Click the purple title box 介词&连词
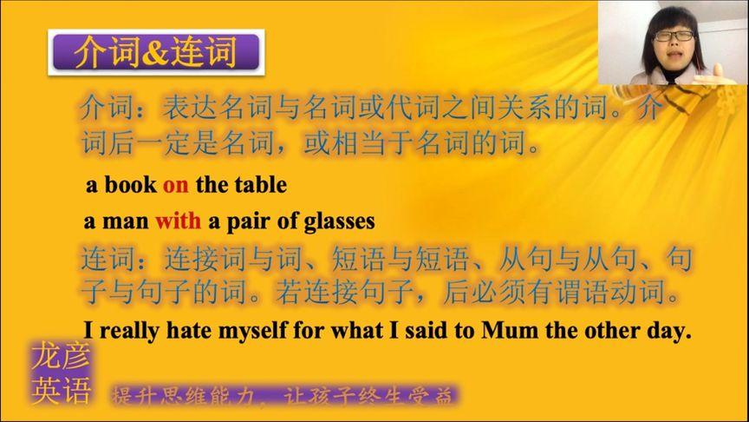click(x=155, y=53)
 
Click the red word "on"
click(x=175, y=185)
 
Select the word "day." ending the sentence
click(x=671, y=331)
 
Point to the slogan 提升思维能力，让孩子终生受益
click(x=282, y=397)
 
